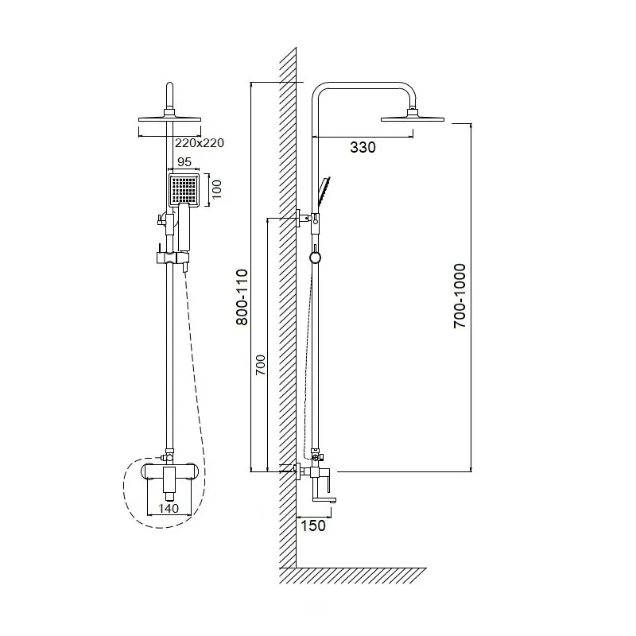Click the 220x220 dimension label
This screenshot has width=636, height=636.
pyautogui.click(x=200, y=143)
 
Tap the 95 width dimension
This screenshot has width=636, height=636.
pyautogui.click(x=184, y=162)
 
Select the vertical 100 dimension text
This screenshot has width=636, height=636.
pyautogui.click(x=216, y=189)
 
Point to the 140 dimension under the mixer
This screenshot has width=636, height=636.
pyautogui.click(x=169, y=508)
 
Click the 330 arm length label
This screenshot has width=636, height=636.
pyautogui.click(x=363, y=147)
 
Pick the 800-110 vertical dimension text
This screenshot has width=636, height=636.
pyautogui.click(x=242, y=297)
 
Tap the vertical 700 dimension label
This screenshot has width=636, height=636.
pyautogui.click(x=261, y=365)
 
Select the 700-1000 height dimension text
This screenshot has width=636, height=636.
pyautogui.click(x=460, y=296)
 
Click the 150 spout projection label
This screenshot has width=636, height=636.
pyautogui.click(x=313, y=525)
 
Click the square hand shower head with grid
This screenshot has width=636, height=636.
pyautogui.click(x=184, y=189)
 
